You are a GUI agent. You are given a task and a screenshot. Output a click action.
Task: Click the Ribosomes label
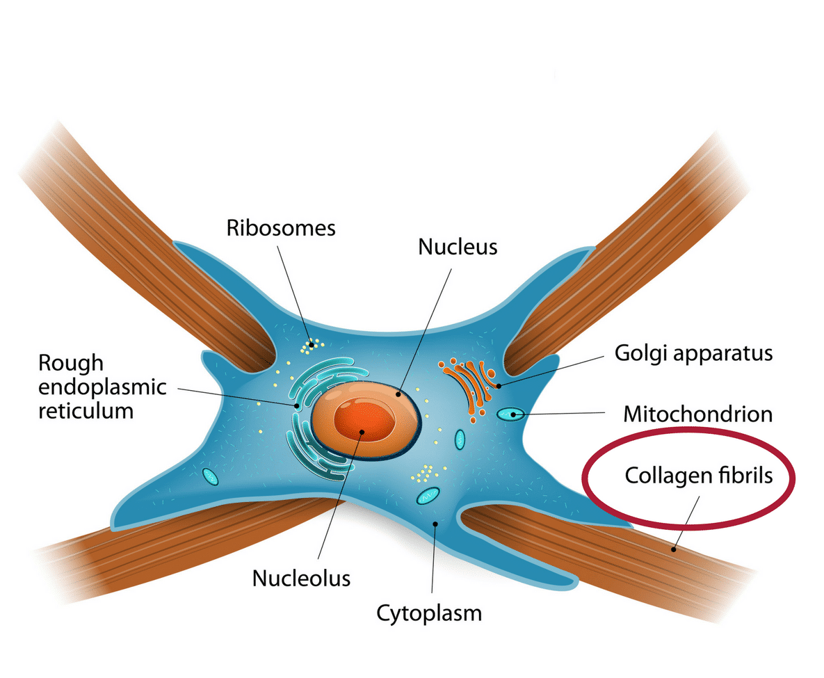click(281, 228)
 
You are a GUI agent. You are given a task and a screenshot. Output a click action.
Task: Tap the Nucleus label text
click(458, 247)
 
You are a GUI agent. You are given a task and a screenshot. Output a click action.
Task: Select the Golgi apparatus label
click(693, 353)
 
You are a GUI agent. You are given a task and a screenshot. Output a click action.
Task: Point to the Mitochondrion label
click(697, 414)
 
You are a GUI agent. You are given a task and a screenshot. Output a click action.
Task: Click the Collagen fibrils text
click(699, 476)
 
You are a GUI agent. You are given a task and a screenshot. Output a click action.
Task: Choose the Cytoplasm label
click(429, 613)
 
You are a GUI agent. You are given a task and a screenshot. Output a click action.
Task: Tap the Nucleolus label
click(301, 578)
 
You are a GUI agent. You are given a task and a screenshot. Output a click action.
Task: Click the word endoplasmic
click(102, 387)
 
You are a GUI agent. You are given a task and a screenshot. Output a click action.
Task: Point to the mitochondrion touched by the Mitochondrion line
click(512, 414)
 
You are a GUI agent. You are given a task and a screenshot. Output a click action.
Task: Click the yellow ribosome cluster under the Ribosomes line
click(314, 343)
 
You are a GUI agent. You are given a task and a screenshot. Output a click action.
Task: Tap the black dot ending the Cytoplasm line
click(435, 524)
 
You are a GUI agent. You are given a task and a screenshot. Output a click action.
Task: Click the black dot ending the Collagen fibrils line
click(673, 549)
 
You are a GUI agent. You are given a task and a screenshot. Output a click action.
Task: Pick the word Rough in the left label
click(70, 363)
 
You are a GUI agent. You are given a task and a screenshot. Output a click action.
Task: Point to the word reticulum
click(86, 410)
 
